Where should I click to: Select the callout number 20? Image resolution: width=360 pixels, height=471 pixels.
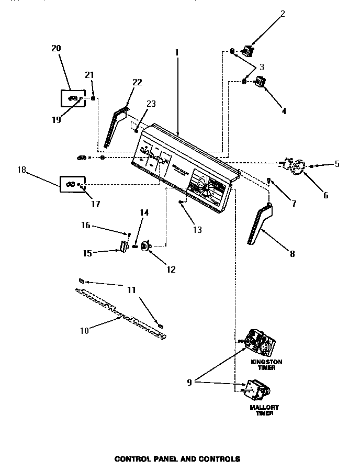pyautogui.click(x=56, y=48)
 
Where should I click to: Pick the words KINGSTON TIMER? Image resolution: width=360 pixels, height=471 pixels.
pyautogui.click(x=266, y=364)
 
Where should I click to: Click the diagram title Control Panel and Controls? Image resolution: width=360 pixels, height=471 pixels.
pyautogui.click(x=177, y=459)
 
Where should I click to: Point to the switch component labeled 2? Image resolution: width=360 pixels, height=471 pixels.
pyautogui.click(x=248, y=51)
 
